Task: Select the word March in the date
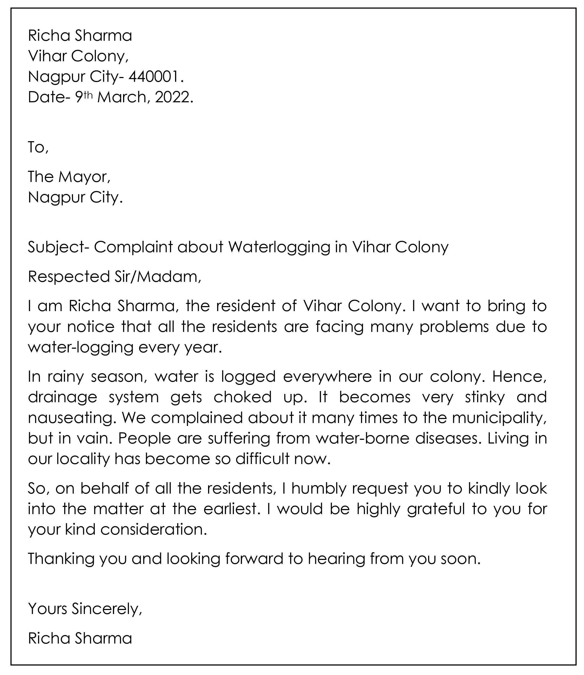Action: (122, 97)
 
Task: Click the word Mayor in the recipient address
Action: (84, 177)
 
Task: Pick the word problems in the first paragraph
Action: (454, 327)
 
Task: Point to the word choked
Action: (242, 397)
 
